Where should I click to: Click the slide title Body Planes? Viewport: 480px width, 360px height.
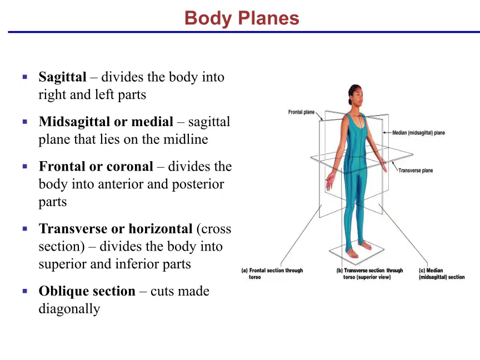(242, 18)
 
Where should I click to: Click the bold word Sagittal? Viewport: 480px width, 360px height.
(62, 77)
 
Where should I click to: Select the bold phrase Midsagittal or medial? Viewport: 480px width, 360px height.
(106, 122)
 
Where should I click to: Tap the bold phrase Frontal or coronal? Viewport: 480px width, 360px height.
(96, 167)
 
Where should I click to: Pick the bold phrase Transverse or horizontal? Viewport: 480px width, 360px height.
(116, 229)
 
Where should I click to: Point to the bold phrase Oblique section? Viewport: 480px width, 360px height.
(87, 291)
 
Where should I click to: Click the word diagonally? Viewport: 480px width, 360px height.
(69, 309)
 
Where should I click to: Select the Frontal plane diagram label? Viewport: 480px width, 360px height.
(301, 112)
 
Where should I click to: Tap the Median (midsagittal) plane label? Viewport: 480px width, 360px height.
(418, 133)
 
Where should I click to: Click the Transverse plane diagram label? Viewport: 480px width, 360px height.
(416, 171)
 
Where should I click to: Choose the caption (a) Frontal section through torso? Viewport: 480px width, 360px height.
(272, 274)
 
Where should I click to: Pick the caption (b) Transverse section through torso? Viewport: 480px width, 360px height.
(369, 274)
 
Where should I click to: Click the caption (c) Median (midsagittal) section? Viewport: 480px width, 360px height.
(442, 274)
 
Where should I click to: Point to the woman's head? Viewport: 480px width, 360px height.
(356, 95)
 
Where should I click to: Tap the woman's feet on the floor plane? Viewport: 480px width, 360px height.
(358, 250)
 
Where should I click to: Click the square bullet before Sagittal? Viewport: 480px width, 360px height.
(25, 77)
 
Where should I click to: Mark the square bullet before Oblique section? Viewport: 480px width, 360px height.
(25, 291)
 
